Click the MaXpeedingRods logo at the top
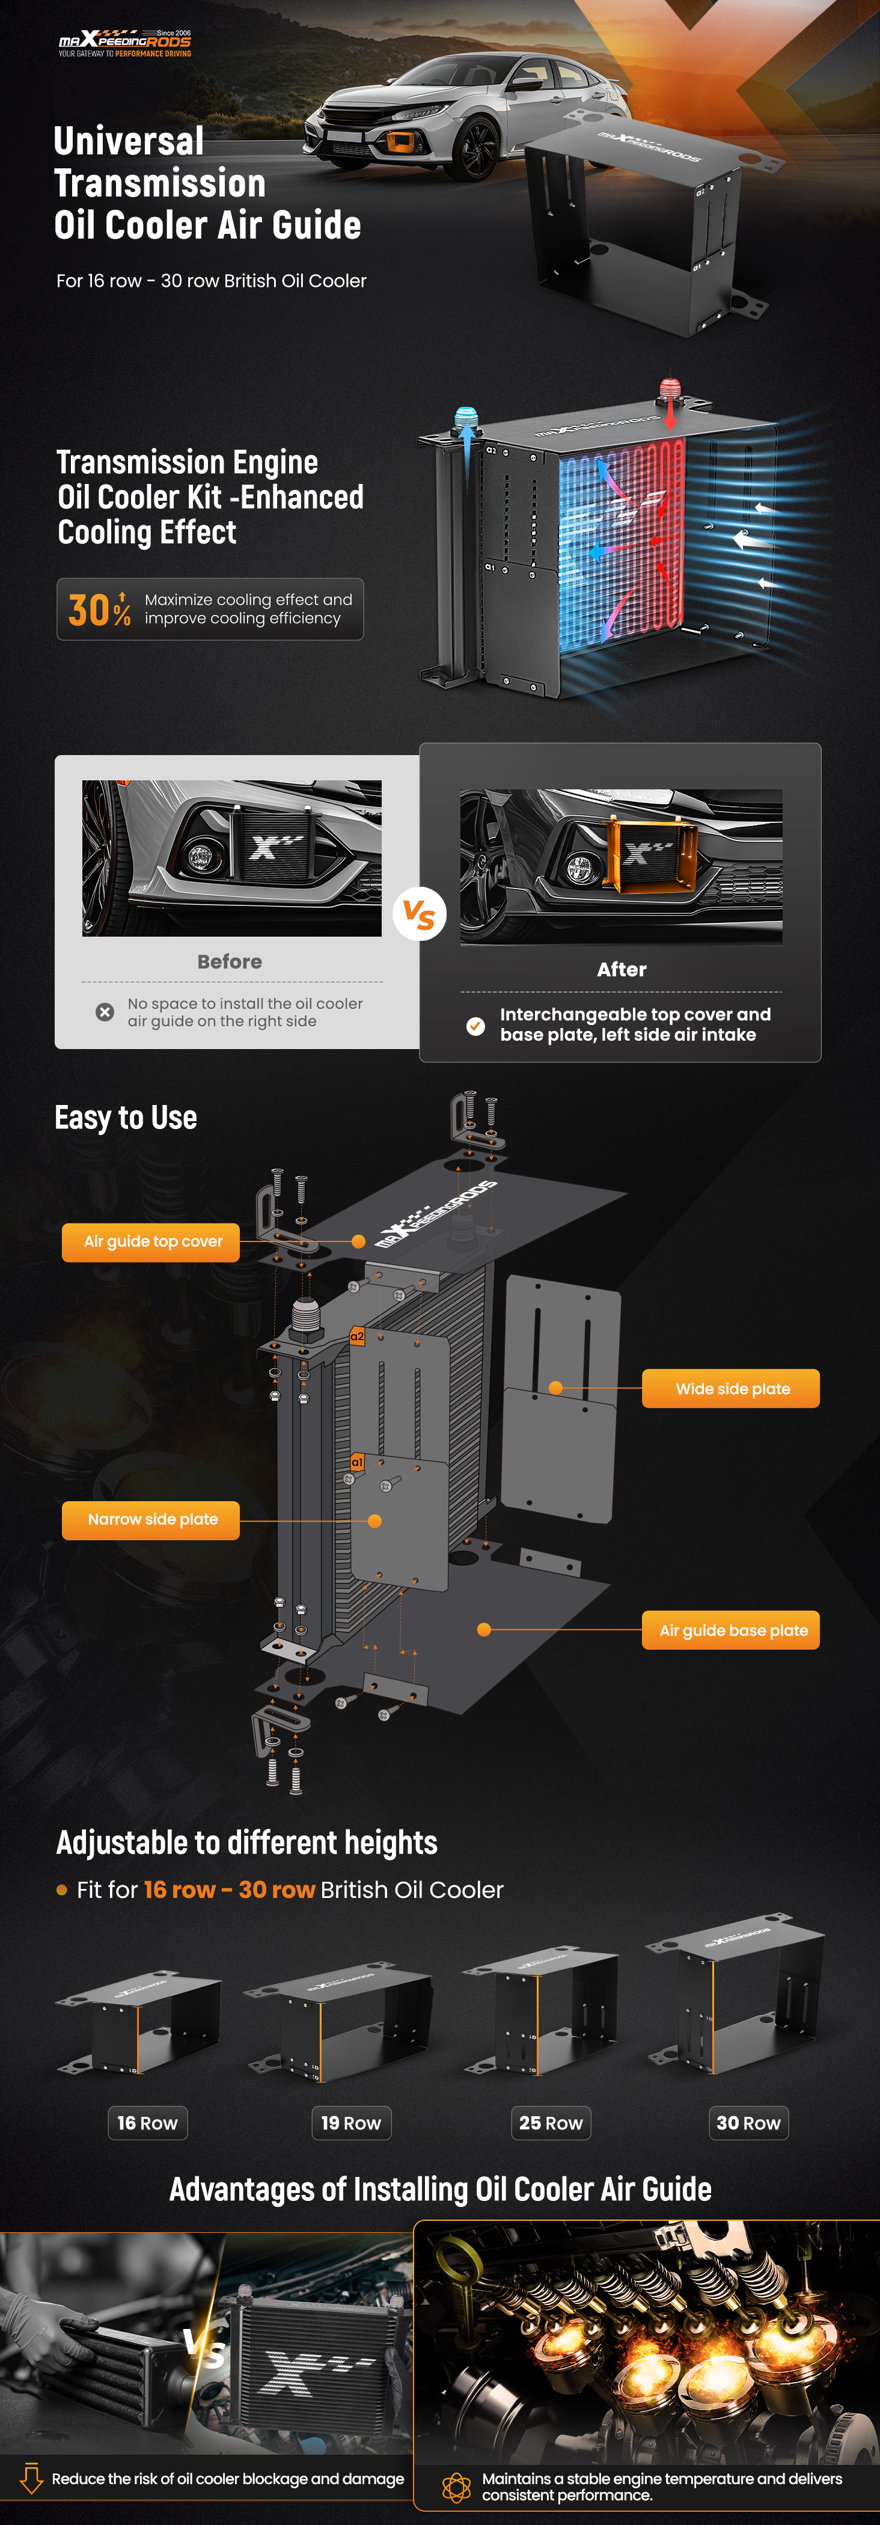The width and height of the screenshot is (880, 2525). click(x=124, y=43)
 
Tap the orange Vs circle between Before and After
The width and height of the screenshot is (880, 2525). click(x=420, y=914)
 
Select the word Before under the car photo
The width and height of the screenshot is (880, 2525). click(x=229, y=961)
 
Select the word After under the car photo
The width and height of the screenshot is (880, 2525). click(x=622, y=969)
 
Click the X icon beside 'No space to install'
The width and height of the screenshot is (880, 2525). click(x=105, y=1012)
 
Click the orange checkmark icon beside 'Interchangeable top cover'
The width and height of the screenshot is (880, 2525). click(x=475, y=1025)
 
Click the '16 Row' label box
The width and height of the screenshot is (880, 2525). click(x=147, y=2122)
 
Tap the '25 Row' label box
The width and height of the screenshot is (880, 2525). click(x=551, y=2122)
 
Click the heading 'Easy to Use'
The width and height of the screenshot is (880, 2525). click(x=126, y=1118)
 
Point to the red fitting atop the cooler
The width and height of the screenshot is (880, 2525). click(x=669, y=388)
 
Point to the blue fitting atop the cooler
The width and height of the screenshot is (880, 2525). click(x=465, y=418)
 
